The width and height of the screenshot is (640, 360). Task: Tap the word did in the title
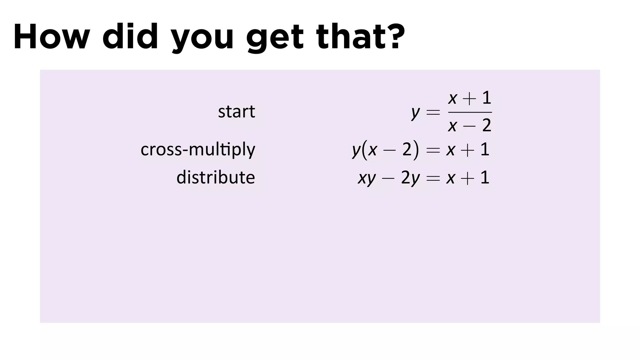pos(130,37)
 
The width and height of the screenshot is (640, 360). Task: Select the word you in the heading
pos(202,39)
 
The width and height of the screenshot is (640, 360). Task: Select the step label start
pos(236,112)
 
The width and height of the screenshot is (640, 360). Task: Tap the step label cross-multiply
pos(198,150)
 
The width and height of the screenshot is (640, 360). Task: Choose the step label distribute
pos(216,177)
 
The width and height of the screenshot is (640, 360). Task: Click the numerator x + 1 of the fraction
pos(470,98)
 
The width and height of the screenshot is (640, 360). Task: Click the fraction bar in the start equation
pos(470,112)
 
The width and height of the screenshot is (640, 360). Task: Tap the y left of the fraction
pos(415,112)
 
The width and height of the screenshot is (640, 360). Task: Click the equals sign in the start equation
pos(433,112)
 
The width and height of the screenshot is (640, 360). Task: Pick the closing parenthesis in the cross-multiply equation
pos(415,150)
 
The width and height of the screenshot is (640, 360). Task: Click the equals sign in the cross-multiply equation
pos(433,150)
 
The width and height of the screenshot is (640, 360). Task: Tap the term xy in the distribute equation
pos(367,178)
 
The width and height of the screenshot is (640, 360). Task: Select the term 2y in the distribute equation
pos(410,178)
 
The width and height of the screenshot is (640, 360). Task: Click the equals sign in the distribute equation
pos(433,178)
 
